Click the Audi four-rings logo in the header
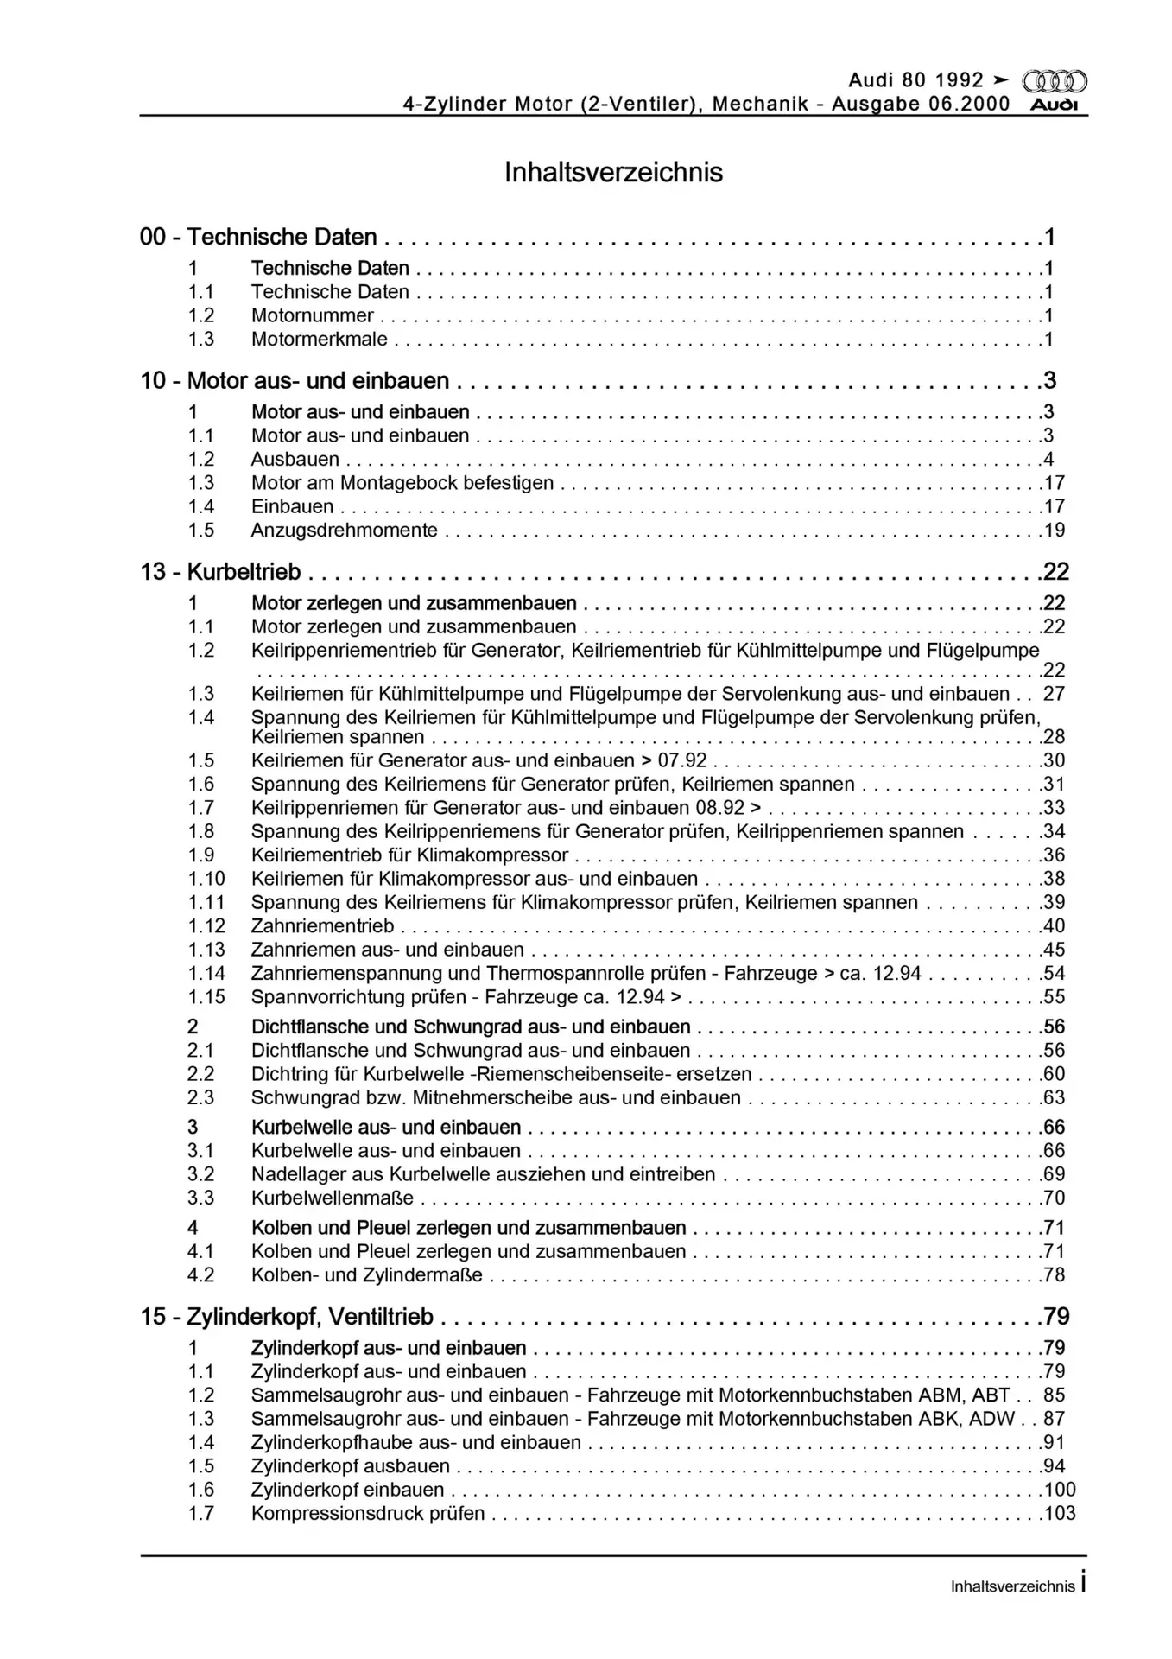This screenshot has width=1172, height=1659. click(1054, 82)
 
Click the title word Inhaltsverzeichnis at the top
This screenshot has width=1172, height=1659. click(613, 173)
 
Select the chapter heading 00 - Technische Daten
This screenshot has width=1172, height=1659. click(258, 237)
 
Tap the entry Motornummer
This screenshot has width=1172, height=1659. click(312, 315)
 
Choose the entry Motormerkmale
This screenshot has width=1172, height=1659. click(319, 340)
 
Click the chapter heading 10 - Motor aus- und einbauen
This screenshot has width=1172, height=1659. click(295, 381)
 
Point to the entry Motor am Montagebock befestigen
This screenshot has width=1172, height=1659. click(402, 483)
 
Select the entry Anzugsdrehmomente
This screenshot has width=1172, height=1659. click(344, 531)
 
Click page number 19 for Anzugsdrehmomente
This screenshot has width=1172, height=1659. click(1054, 531)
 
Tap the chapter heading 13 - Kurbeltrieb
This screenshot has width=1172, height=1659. click(220, 572)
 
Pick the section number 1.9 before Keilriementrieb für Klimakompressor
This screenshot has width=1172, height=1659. click(201, 855)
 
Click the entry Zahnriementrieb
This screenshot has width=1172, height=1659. click(322, 926)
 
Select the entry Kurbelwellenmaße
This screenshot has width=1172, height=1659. click(332, 1198)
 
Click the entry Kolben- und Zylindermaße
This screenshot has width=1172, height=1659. click(366, 1275)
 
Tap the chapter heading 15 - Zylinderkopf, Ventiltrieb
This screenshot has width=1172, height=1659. click(287, 1317)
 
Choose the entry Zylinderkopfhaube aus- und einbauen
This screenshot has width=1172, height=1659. click(415, 1442)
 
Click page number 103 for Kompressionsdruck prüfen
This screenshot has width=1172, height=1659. click(1059, 1514)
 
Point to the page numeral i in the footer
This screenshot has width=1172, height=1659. click(1083, 1584)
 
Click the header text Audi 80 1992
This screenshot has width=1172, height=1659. click(915, 80)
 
